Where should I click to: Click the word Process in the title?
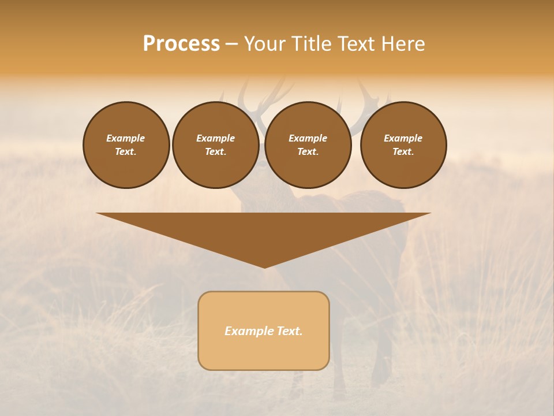click(181, 44)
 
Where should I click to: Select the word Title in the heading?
click(311, 44)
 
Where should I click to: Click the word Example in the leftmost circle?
click(126, 138)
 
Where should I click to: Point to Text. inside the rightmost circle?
click(403, 152)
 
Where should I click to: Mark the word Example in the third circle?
click(308, 138)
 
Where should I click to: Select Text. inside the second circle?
click(216, 152)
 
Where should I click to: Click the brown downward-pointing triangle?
click(264, 231)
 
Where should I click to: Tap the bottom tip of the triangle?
click(264, 266)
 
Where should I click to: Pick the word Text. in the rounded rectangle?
click(289, 331)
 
